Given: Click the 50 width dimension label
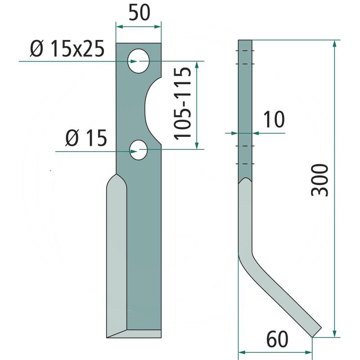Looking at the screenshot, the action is coord(139,13).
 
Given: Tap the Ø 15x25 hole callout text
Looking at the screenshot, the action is coord(67,49).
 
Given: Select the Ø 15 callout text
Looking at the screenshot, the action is coord(86,138).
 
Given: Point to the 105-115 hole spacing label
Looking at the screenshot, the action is coord(182,103).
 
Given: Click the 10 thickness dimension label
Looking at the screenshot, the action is coord(274,119).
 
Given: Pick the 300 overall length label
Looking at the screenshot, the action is coord(319,180).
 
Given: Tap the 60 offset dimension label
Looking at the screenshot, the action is coord(277,339).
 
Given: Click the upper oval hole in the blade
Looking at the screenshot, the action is coord(139,61).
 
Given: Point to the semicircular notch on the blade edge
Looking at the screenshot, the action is coord(149,111).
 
